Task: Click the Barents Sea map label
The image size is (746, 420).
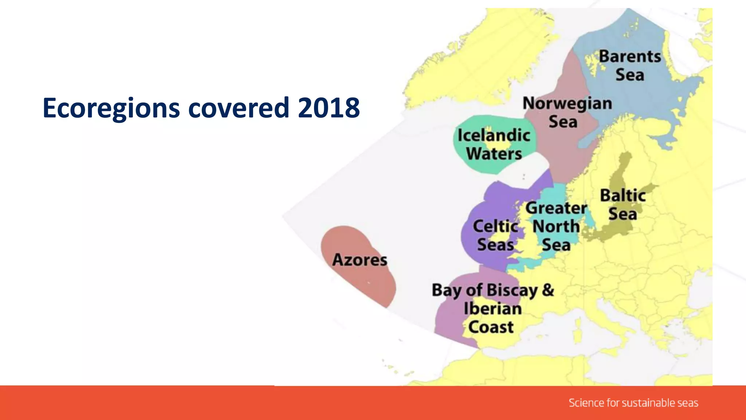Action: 630,66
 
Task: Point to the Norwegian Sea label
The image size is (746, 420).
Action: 567,112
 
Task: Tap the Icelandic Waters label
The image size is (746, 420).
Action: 494,144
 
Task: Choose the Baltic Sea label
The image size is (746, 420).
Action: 623,205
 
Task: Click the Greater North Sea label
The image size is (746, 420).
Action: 556,226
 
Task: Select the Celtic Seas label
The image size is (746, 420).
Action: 495,236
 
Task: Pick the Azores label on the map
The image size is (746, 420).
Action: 360,260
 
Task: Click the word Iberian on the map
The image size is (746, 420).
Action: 492,309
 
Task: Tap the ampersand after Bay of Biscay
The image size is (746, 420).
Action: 548,290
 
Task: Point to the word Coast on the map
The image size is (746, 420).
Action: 491,327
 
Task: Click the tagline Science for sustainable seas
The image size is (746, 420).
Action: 633,403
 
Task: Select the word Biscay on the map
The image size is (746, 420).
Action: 512,291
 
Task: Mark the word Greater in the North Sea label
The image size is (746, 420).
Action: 556,208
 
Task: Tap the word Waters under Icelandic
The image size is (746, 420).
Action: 494,153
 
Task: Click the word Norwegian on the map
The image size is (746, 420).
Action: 567,104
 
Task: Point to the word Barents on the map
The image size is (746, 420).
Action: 630,57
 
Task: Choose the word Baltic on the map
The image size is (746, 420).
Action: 623,195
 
